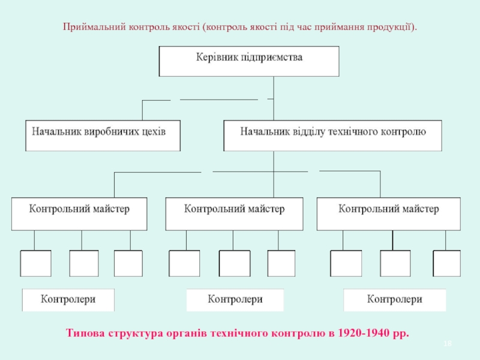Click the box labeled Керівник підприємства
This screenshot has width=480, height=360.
tap(249, 61)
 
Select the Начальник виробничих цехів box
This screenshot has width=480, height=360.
tap(103, 136)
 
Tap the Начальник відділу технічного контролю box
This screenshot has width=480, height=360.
tap(333, 136)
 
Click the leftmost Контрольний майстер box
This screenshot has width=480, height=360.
tap(79, 214)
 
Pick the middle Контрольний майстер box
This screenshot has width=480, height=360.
tap(234, 214)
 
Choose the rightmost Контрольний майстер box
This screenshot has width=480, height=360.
tap(388, 214)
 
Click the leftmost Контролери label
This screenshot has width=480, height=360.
tap(68, 299)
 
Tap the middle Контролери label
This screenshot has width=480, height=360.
tap(235, 299)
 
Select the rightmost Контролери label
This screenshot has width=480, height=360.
tap(395, 299)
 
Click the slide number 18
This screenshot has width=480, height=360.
tap(447, 343)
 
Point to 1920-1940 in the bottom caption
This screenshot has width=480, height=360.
tap(363, 333)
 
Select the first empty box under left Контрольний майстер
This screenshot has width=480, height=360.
tap(35, 263)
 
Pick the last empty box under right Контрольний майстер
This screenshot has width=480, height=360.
tap(446, 263)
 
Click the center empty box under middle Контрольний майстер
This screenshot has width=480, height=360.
tap(235, 263)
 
